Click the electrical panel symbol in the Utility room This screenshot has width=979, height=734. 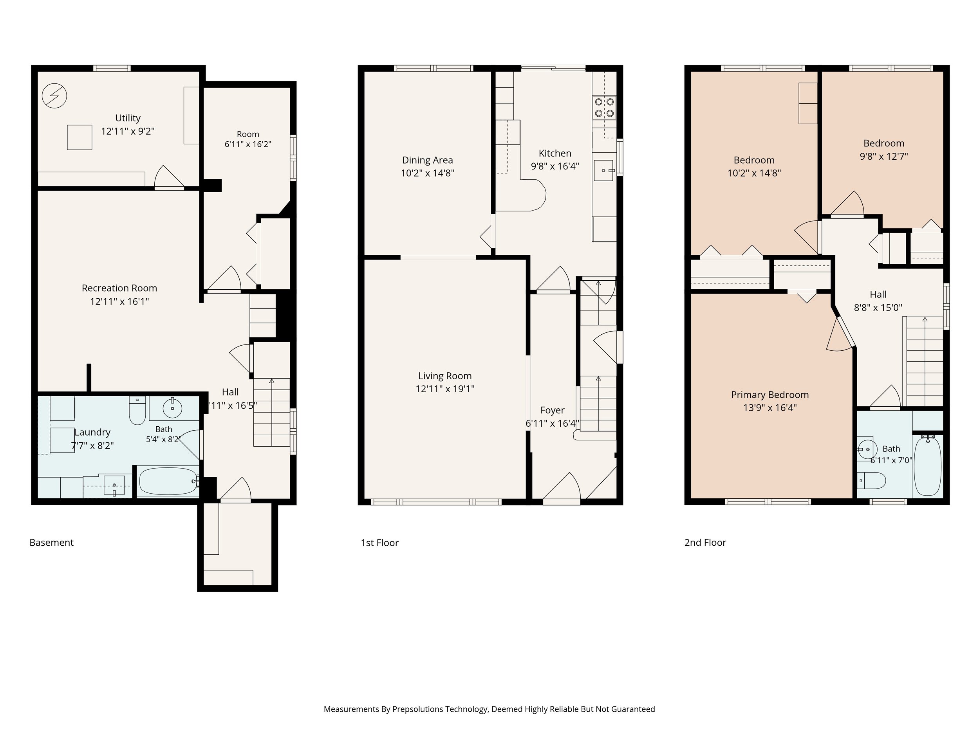[54, 96]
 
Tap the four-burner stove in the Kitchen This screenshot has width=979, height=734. [604, 108]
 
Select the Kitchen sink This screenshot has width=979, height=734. [604, 170]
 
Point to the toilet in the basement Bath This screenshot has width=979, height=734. [137, 410]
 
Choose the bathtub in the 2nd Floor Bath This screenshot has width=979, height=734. [927, 465]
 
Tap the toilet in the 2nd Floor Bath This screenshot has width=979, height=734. [871, 480]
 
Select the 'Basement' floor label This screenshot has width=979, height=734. [51, 543]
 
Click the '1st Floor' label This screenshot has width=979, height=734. [380, 543]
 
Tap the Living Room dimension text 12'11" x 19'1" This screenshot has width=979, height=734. [445, 389]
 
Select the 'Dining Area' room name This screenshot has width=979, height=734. [428, 160]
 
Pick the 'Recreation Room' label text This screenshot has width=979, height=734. [119, 288]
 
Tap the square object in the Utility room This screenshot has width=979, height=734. [79, 137]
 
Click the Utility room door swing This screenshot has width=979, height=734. [169, 177]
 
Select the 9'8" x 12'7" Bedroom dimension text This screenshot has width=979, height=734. [884, 156]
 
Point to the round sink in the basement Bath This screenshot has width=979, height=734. [172, 408]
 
